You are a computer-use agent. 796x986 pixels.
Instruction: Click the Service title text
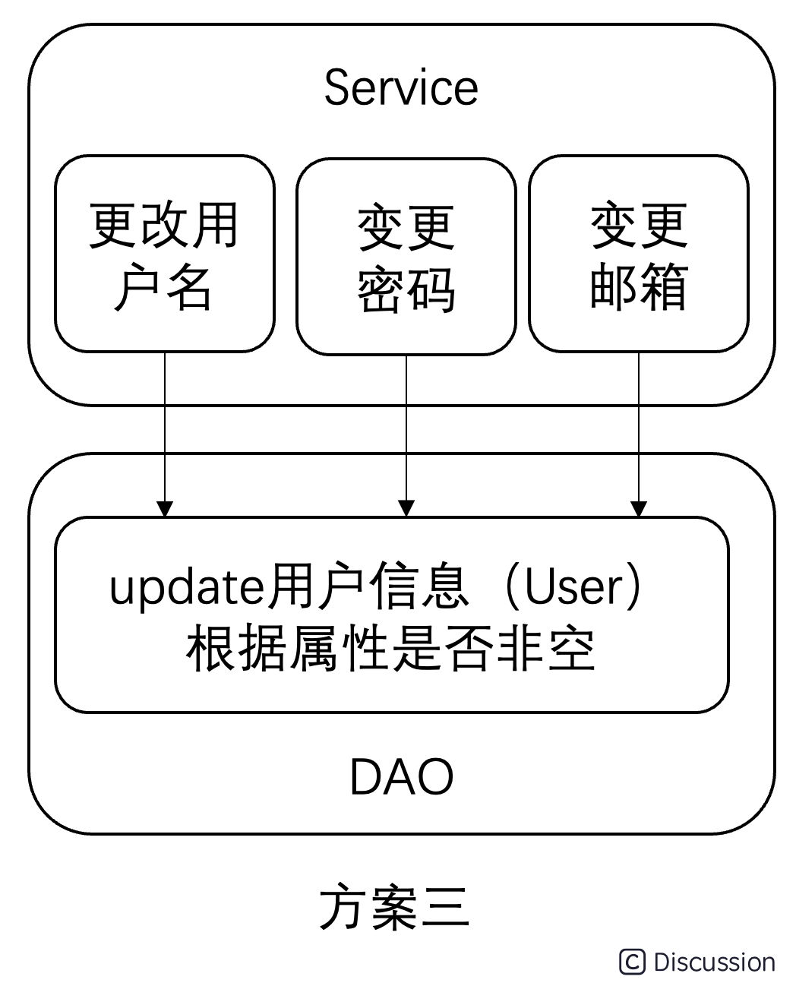[x=401, y=87]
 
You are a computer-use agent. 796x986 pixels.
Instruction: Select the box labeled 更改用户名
[x=165, y=254]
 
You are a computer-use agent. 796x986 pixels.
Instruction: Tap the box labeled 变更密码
[x=406, y=257]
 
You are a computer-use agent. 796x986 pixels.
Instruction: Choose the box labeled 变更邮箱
[x=639, y=254]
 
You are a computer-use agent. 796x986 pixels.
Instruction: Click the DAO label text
[x=401, y=777]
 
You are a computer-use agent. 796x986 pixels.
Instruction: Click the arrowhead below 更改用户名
[x=165, y=509]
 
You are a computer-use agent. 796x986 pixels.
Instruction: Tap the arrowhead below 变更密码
[x=406, y=509]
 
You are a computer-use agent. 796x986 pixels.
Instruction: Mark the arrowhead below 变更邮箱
[x=639, y=509]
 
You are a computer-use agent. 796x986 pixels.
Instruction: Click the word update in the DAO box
[x=187, y=587]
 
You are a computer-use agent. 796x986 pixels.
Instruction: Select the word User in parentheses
[x=574, y=587]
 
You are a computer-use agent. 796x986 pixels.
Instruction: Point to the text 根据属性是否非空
[x=390, y=648]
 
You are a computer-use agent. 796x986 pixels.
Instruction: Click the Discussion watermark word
[x=715, y=962]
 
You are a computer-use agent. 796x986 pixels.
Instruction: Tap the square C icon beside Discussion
[x=632, y=962]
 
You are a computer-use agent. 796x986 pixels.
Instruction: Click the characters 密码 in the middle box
[x=406, y=289]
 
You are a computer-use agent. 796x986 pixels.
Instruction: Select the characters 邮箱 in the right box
[x=639, y=286]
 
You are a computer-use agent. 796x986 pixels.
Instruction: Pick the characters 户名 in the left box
[x=163, y=286]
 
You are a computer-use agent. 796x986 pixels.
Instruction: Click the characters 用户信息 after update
[x=368, y=586]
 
